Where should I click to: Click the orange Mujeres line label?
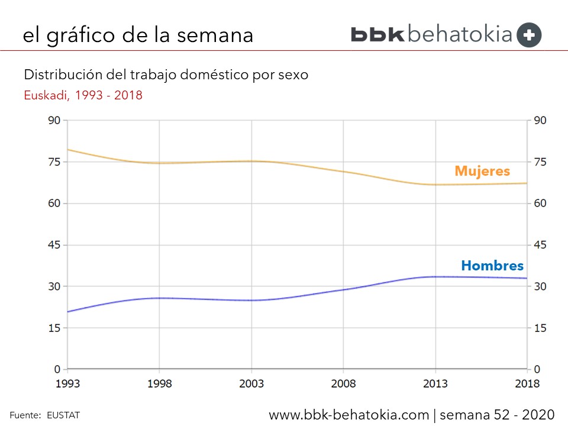(x=482, y=172)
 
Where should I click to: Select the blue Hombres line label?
(x=492, y=266)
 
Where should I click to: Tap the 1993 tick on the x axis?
(x=67, y=383)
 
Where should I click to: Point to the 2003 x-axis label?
(x=251, y=383)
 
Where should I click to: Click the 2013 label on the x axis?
(x=435, y=383)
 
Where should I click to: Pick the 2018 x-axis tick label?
(x=527, y=383)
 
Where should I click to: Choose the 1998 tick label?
(x=159, y=383)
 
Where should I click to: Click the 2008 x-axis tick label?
(x=343, y=383)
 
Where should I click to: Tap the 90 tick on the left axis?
(x=55, y=121)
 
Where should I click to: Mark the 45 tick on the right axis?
(x=540, y=245)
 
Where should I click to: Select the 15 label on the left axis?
(x=55, y=328)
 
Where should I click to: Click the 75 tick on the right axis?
(x=540, y=162)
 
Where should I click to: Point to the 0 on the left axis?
(x=58, y=369)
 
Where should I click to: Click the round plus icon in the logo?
(x=529, y=35)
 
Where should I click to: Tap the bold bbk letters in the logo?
(x=377, y=34)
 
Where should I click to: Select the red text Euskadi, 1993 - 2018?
(x=83, y=95)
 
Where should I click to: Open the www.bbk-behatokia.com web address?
(x=349, y=414)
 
